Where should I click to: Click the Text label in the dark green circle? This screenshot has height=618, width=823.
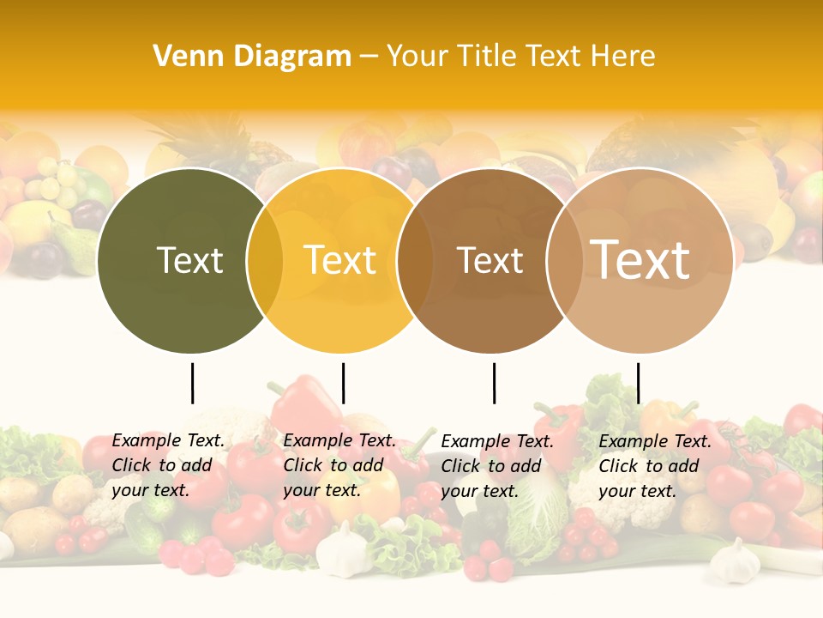pyautogui.click(x=189, y=260)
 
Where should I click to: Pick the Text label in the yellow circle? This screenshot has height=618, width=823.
pyautogui.click(x=339, y=260)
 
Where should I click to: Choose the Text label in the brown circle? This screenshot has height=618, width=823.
pyautogui.click(x=490, y=260)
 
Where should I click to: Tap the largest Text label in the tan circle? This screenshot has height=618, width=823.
pyautogui.click(x=640, y=260)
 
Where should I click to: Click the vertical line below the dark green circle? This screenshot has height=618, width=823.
pyautogui.click(x=192, y=383)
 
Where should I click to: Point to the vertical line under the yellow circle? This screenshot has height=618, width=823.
pyautogui.click(x=343, y=383)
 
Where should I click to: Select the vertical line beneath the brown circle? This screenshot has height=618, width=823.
pyautogui.click(x=494, y=383)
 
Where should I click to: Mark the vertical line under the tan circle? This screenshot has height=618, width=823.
pyautogui.click(x=638, y=383)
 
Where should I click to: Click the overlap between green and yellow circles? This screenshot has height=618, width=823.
pyautogui.click(x=265, y=260)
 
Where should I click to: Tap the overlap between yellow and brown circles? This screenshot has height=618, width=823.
pyautogui.click(x=415, y=260)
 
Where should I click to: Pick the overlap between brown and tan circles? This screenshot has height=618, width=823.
pyautogui.click(x=565, y=260)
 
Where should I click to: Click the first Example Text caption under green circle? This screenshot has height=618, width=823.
pyautogui.click(x=168, y=465)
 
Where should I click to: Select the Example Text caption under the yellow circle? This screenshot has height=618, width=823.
pyautogui.click(x=339, y=465)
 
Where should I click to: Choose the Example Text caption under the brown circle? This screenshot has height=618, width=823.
pyautogui.click(x=497, y=466)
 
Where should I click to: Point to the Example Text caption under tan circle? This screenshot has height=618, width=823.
pyautogui.click(x=655, y=466)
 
